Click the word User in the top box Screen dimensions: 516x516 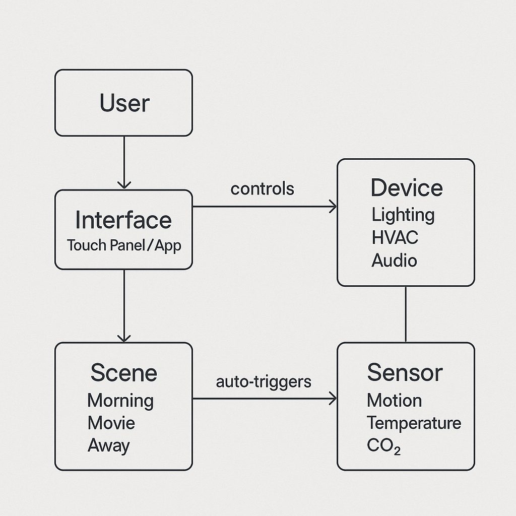(124, 103)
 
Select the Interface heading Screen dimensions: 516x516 (123, 220)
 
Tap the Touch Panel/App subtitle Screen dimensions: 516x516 (123, 245)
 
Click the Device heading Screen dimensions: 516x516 (406, 188)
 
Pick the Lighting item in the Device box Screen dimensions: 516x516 (403, 215)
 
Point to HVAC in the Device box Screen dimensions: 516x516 (395, 237)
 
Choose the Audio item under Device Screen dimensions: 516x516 (394, 261)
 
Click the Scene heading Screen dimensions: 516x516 (123, 373)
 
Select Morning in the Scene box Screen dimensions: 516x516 (120, 401)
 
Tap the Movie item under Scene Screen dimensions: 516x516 (111, 423)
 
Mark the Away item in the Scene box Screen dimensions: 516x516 (108, 445)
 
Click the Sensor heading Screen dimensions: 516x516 (405, 372)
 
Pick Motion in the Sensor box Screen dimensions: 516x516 (394, 401)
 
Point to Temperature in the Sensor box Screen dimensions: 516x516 (413, 423)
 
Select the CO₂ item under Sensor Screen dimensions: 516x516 (383, 446)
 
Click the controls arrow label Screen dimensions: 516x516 (262, 188)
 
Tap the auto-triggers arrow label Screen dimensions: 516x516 (264, 381)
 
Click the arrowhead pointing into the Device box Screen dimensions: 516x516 (333, 206)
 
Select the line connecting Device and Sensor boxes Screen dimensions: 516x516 (406, 314)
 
